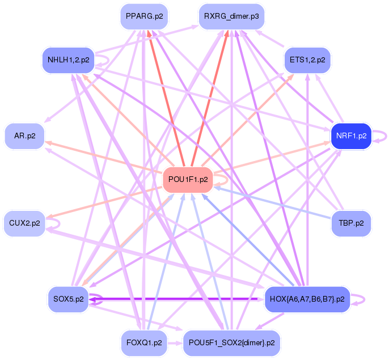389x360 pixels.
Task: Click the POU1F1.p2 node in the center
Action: [188, 180]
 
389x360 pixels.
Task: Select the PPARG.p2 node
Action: [145, 16]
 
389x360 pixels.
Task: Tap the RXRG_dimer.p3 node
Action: [231, 16]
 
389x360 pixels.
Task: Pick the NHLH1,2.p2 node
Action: [69, 60]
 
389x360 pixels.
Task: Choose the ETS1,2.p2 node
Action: [307, 60]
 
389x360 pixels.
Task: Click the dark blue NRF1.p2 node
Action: [351, 136]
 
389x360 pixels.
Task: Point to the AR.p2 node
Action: [24, 136]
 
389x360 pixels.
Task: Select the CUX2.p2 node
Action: [24, 223]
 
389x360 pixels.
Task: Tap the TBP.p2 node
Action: [351, 223]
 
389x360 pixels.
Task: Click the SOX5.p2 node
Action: [67, 299]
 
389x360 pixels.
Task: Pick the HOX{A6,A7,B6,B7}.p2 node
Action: [307, 299]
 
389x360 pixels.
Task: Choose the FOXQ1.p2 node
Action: [145, 342]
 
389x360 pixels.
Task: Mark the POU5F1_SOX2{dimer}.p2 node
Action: [231, 342]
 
